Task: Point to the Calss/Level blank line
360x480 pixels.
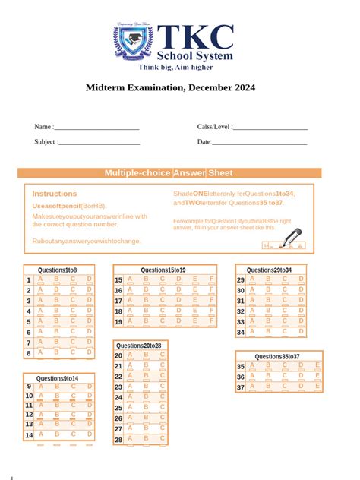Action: click(271, 128)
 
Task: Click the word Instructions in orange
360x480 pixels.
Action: click(55, 194)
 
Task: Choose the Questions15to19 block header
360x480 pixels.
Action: click(164, 270)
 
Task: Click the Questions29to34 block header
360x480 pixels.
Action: click(270, 270)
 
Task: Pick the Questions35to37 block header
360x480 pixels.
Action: click(277, 356)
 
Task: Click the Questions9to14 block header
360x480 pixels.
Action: click(58, 378)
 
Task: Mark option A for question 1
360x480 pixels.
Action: click(40, 280)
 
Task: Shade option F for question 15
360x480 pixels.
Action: click(210, 280)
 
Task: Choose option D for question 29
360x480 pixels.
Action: click(302, 280)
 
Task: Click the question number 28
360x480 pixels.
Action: click(118, 440)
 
